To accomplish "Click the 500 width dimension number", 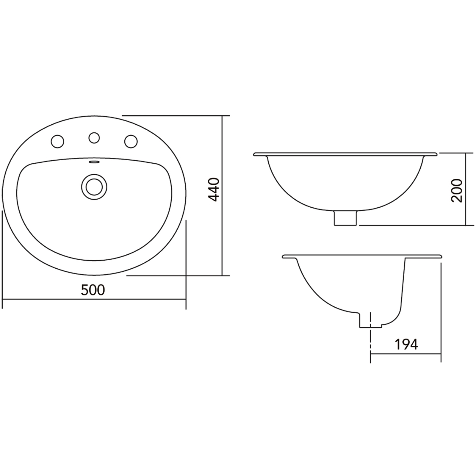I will click(x=93, y=290).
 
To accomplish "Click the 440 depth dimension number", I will click(x=214, y=190).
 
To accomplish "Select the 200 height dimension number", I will click(x=457, y=191).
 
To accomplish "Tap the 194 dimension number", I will click(x=406, y=345).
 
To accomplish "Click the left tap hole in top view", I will click(x=57, y=141).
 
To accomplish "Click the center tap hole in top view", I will click(x=94, y=137).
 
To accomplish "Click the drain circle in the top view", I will click(x=94, y=187).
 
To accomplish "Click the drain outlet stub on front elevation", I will click(x=345, y=218).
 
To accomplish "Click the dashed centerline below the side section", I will click(x=370, y=342).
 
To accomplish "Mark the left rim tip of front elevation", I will click(x=255, y=154).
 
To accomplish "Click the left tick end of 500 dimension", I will click(x=2, y=299).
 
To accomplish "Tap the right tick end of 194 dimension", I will click(x=441, y=354).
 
